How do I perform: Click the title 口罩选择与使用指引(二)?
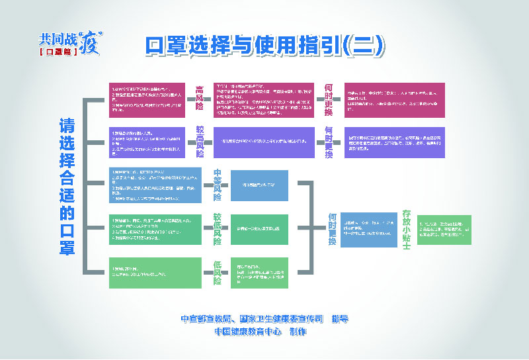[265, 44]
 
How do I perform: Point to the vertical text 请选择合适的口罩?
[67, 186]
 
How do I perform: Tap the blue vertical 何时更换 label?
[332, 228]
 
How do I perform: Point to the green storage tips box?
[444, 229]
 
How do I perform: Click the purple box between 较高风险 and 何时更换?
[265, 142]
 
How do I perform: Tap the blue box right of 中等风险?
[259, 185]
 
